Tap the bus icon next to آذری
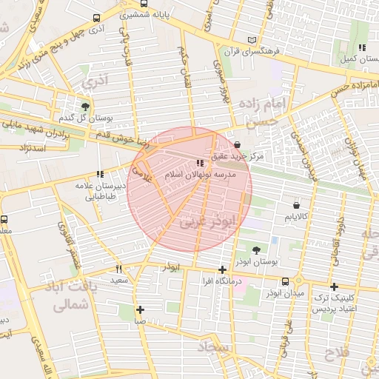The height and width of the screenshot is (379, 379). point(96,18)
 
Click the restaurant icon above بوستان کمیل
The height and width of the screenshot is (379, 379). point(362,47)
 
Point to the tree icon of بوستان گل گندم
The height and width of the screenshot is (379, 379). point(86,106)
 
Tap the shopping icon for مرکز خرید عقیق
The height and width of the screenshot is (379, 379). point(237,145)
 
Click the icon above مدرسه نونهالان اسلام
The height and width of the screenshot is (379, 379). point(199,163)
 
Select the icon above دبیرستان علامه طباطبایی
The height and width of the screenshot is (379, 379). point(100,174)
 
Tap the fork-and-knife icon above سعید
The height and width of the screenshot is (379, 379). point(118,269)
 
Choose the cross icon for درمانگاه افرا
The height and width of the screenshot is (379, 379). point(222,270)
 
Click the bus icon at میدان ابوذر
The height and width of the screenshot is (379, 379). point(286,281)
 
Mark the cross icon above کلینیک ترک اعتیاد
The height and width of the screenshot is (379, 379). point(334,286)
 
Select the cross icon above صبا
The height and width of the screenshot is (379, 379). point(140,309)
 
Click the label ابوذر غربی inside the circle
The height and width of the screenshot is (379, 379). point(211,220)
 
